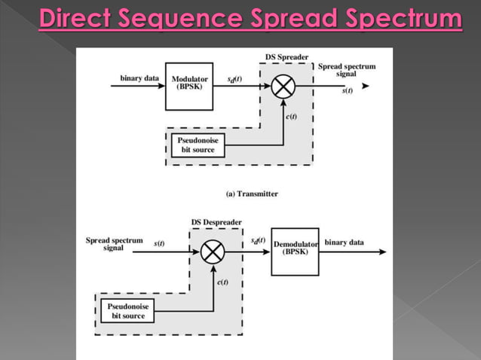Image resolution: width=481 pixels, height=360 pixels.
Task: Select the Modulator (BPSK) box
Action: pyautogui.click(x=190, y=86)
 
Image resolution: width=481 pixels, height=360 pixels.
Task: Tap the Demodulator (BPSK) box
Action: pyautogui.click(x=295, y=251)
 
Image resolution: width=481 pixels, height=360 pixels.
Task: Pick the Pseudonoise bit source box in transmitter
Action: pyautogui.click(x=195, y=145)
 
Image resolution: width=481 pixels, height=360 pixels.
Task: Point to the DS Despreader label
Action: pyautogui.click(x=217, y=222)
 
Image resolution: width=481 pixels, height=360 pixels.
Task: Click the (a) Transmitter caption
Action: pyautogui.click(x=252, y=194)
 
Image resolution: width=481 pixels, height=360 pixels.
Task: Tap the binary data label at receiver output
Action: pyautogui.click(x=345, y=243)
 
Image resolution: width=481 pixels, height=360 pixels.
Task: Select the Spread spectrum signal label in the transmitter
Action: pyautogui.click(x=347, y=70)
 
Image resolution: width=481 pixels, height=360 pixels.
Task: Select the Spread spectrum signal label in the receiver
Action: pyautogui.click(x=114, y=244)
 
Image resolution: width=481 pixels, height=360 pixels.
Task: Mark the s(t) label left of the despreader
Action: pyautogui.click(x=160, y=243)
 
